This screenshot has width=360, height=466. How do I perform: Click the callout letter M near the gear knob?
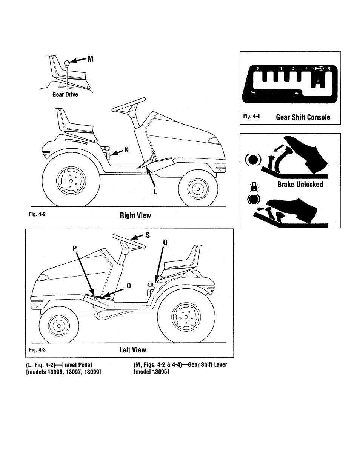point(91,59)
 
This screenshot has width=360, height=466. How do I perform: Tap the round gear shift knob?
point(67,63)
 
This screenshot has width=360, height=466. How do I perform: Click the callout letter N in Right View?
point(126,150)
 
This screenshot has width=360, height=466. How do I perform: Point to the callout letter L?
point(155,192)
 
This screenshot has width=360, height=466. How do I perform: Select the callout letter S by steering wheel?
point(148,235)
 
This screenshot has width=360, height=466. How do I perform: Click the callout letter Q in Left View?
point(165,243)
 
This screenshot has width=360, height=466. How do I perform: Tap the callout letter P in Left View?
point(75,248)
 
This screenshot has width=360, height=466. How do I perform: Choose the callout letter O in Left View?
point(129,286)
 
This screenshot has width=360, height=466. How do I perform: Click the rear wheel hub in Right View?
point(71,181)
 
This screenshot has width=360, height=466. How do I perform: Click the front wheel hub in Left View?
point(59,326)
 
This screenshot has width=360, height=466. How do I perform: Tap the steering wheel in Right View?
point(129,105)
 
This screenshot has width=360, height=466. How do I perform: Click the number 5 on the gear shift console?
point(258,69)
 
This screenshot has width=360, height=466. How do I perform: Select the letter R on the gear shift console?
point(329,69)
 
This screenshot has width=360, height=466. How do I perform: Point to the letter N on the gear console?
point(318,81)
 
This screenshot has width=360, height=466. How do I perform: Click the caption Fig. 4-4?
point(251,116)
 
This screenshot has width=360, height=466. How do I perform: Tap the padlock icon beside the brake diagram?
point(254,186)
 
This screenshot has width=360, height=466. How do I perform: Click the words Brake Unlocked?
point(300,185)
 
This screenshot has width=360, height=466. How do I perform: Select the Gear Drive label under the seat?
point(65,94)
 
